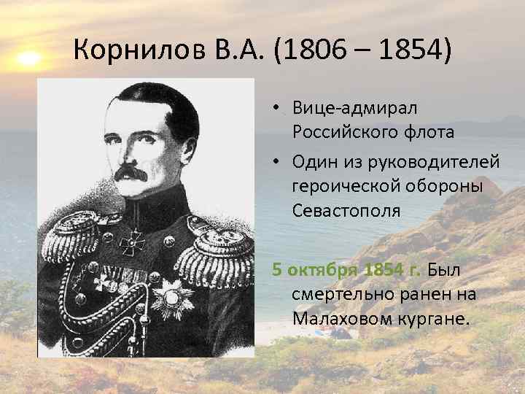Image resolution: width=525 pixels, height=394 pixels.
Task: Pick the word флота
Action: click(429, 132)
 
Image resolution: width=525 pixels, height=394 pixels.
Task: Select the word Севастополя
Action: click(346, 212)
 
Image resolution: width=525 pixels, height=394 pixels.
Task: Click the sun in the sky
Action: click(28, 58)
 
